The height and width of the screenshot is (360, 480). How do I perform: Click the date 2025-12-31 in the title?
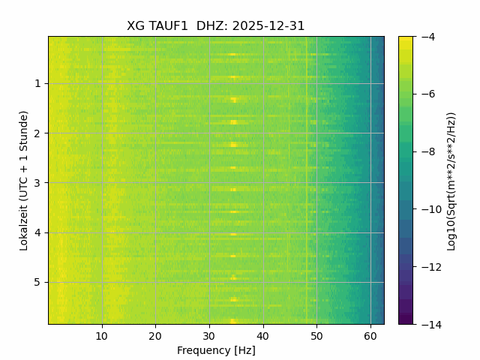click(x=268, y=26)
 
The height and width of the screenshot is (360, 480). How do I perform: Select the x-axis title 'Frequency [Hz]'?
click(x=216, y=350)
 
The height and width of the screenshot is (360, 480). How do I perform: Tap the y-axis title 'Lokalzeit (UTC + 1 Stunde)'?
click(x=24, y=180)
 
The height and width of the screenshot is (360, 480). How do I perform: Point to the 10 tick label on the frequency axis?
click(x=102, y=335)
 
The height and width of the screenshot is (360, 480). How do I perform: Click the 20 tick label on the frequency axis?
click(x=155, y=335)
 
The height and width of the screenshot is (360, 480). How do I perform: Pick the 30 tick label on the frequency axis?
click(x=209, y=335)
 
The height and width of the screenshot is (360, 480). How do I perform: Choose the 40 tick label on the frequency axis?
click(x=262, y=335)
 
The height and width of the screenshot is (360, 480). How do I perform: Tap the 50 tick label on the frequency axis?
click(x=316, y=335)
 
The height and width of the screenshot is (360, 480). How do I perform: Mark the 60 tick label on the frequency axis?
click(x=370, y=335)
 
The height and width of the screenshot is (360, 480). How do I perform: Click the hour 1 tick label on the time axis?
click(x=37, y=84)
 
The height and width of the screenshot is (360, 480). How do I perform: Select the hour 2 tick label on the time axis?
click(x=37, y=133)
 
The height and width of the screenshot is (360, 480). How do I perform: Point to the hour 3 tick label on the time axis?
click(x=37, y=183)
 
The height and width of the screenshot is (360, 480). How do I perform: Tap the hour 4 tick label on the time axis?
click(x=37, y=232)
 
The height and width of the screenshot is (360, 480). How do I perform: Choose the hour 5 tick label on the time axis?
click(x=37, y=282)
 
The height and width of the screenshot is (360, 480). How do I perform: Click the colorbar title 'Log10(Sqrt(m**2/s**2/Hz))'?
click(x=451, y=180)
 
